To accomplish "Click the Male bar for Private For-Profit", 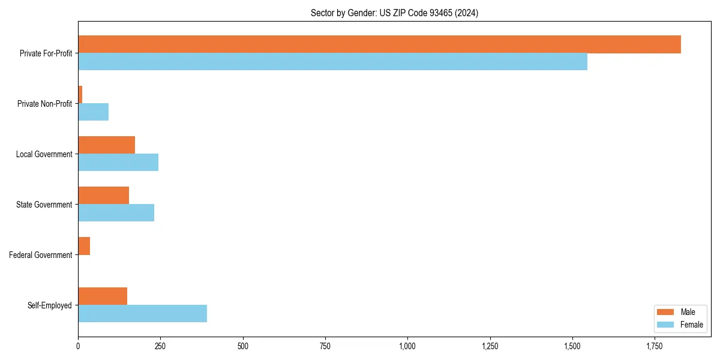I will [379, 44].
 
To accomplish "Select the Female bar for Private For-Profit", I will [332, 61].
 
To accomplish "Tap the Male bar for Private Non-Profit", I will [80, 95].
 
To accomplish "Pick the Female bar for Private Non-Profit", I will [93, 112].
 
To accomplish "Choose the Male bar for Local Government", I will [106, 145].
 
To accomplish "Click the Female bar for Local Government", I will [118, 162].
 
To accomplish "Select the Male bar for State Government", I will [103, 196].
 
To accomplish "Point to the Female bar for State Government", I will [116, 212].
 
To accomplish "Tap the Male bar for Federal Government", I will [84, 246].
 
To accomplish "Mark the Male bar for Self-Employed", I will [103, 296].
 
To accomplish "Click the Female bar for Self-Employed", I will [142, 313].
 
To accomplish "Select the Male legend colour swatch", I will [665, 312].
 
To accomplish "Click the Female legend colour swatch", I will [665, 325].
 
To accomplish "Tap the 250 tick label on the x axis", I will [160, 346].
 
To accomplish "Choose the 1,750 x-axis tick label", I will [655, 346].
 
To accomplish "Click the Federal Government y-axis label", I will [41, 255].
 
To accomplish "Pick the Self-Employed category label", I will [50, 305].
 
